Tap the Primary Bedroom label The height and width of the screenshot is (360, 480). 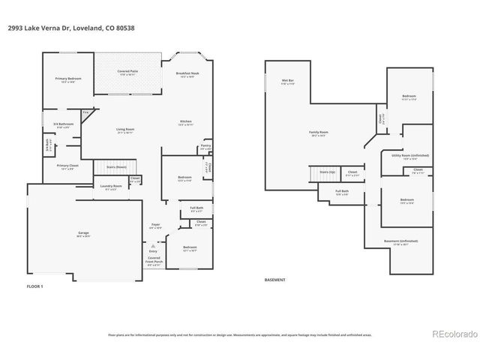tap(69, 79)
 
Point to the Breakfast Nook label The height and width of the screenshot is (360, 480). tap(185, 74)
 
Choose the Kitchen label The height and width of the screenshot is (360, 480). tap(185, 122)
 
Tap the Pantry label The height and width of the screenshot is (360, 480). tap(205, 146)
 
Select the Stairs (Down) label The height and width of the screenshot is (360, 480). tap(115, 167)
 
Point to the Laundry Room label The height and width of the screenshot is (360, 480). tap(111, 187)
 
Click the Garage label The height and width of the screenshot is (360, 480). tap(83, 234)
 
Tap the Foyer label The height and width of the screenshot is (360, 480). tap(156, 225)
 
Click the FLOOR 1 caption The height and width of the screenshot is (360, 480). tap(35, 287)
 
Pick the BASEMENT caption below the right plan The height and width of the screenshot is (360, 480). tap(275, 280)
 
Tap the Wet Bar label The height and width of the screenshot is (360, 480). tap(287, 81)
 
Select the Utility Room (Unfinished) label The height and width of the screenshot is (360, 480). tap(410, 156)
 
